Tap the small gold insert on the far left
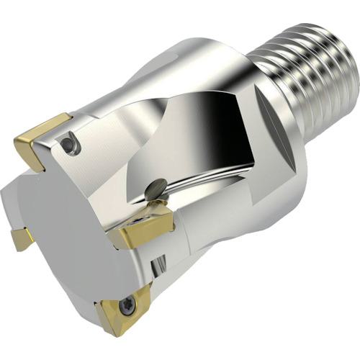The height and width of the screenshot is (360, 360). (x=22, y=237)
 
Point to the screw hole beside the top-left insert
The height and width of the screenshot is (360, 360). (x=69, y=146)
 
